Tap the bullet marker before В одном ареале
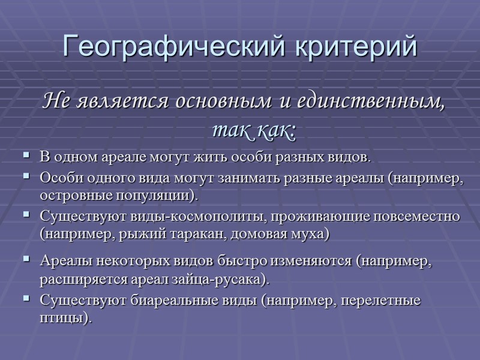coord(26,156)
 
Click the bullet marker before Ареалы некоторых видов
coord(26,260)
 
